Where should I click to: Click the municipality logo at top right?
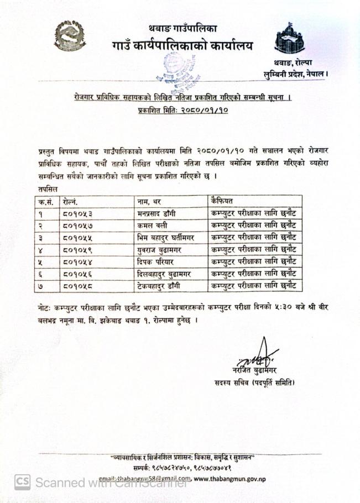[x=290, y=39]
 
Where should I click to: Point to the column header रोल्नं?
[x=70, y=201]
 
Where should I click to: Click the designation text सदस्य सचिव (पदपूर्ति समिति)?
[x=255, y=383]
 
